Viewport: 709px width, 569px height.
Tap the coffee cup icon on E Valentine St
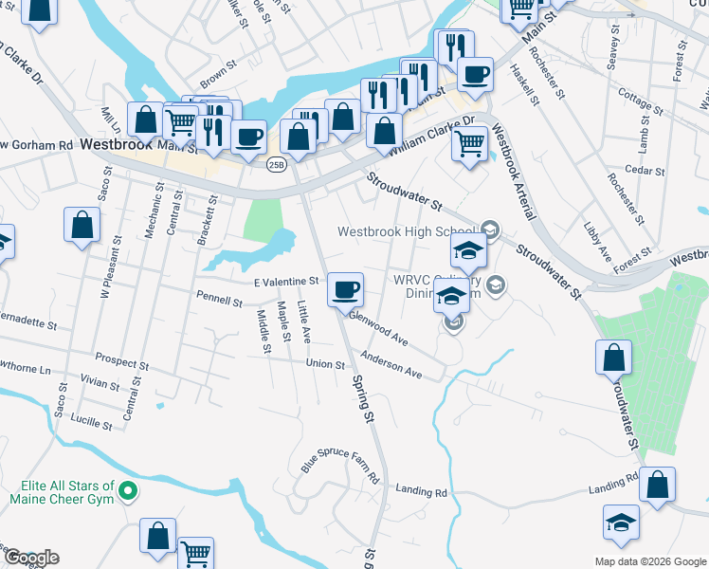(x=345, y=287)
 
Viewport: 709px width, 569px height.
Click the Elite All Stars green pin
(x=131, y=491)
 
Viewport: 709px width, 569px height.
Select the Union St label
(x=324, y=363)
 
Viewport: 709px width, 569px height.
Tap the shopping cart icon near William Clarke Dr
(x=469, y=144)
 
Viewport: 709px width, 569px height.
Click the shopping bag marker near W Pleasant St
(x=82, y=226)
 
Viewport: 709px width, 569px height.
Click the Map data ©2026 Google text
(x=649, y=561)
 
